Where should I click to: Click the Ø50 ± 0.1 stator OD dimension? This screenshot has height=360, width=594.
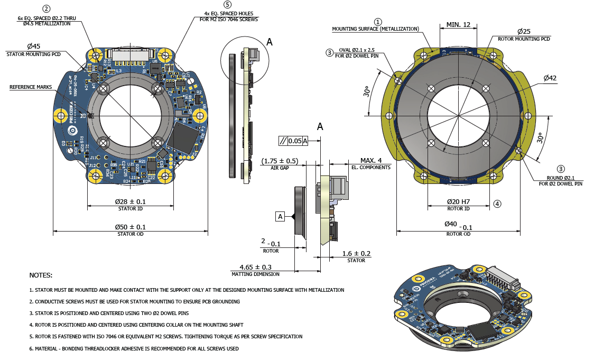[x=131, y=227]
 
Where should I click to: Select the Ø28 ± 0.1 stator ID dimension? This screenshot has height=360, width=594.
[x=131, y=202]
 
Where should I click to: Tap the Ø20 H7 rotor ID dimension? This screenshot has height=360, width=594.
[x=458, y=201]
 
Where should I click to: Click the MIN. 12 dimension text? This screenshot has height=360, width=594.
[x=458, y=25]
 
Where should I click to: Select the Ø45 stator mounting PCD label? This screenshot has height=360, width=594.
[x=33, y=47]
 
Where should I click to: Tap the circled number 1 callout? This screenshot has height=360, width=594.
[x=378, y=22]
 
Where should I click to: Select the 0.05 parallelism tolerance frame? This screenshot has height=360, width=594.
[x=293, y=140]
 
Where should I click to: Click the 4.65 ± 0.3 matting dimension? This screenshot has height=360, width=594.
[x=255, y=267]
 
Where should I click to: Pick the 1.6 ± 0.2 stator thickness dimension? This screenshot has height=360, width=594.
[x=356, y=253]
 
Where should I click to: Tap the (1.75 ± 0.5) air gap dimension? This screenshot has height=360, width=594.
[x=280, y=161]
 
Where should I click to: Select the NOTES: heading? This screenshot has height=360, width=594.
[x=41, y=275]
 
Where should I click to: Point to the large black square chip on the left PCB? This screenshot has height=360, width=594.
[x=184, y=137]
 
